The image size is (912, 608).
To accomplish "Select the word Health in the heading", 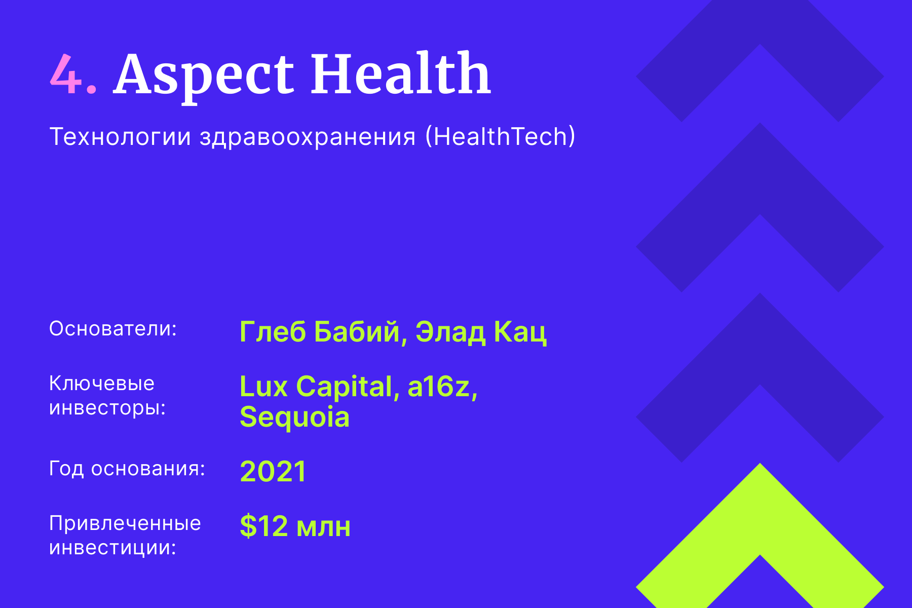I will tap(400, 74).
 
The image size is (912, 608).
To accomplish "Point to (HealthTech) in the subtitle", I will tap(500, 137).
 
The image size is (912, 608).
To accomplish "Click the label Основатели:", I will tap(112, 329).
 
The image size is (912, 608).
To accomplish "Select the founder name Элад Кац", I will tap(481, 332).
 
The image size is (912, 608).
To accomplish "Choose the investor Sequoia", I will tap(294, 417).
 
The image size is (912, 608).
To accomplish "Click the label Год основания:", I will tap(127, 469).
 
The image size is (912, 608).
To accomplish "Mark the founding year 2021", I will tap(273, 471).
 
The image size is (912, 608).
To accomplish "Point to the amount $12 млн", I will tap(295, 526).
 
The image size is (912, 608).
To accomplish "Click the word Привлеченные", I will tap(125, 523).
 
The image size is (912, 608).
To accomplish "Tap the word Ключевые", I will tap(101, 384).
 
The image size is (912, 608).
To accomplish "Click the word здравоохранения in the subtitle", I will tap(308, 137).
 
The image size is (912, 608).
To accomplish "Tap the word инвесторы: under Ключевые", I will tap(107, 408).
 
